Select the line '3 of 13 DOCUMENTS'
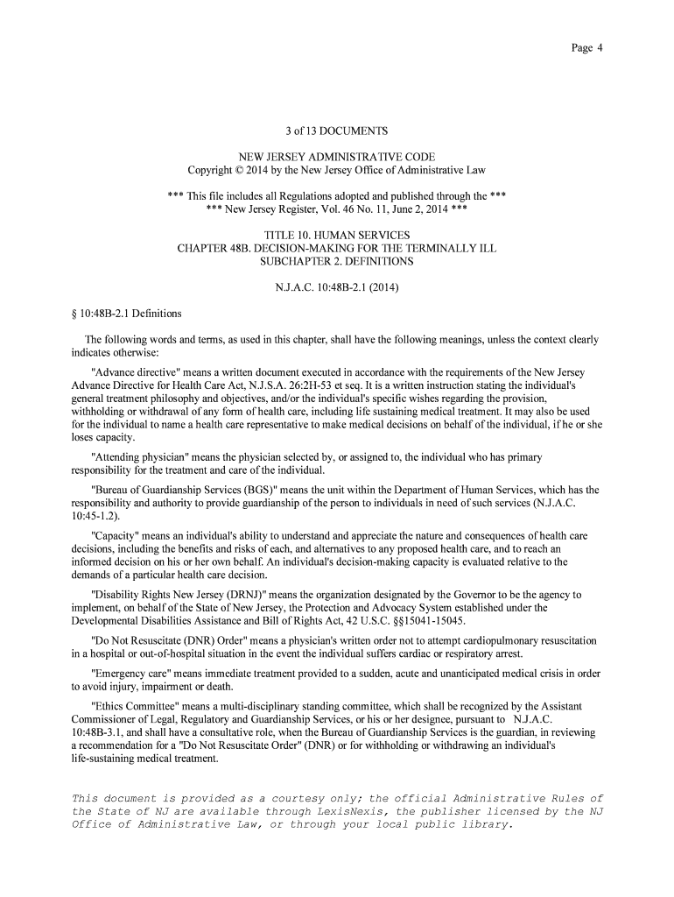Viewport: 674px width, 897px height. pos(337,131)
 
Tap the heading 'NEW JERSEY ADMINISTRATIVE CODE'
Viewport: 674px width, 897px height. pos(337,157)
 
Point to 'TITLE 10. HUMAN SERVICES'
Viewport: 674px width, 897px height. pos(337,236)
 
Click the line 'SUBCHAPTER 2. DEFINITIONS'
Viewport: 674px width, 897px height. pos(337,261)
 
